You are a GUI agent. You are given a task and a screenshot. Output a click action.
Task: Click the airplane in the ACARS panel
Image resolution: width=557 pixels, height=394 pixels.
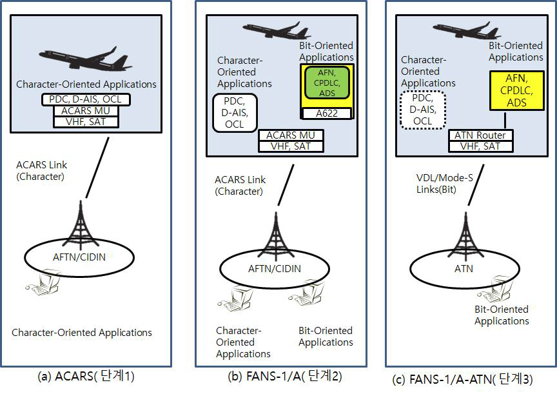point(85,59)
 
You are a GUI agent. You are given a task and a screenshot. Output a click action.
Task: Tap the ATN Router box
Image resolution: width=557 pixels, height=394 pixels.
point(481,135)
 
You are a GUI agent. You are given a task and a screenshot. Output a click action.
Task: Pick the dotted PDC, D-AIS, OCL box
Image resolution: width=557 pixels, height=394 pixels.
point(423,110)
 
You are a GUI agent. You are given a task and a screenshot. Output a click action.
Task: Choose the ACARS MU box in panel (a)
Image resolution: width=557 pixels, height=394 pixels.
point(86,110)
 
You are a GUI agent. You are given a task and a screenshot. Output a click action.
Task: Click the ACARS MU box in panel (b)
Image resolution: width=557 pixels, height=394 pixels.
point(291,135)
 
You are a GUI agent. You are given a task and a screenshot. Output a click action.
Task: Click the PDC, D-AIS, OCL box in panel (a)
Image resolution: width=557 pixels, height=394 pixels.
point(86,99)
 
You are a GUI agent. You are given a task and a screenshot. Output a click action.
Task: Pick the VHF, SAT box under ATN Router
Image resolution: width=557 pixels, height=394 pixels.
point(481,146)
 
